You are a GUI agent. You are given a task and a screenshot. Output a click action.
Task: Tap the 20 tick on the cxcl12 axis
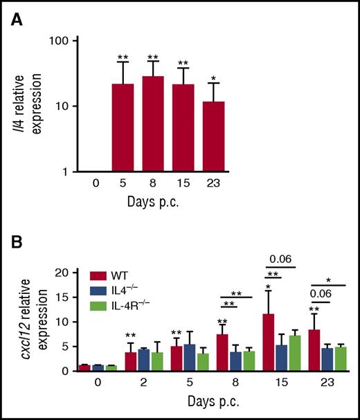tap(69, 273)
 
